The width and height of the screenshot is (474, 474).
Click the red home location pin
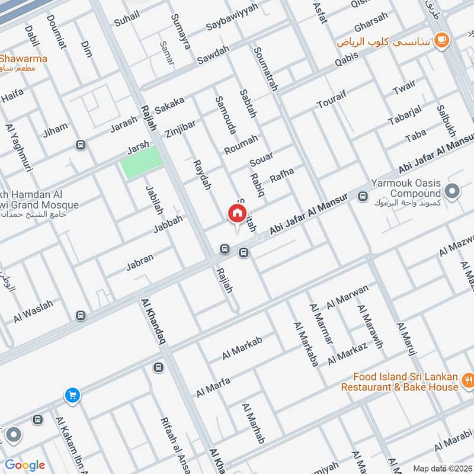point(236,214)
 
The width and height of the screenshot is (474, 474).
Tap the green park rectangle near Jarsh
point(141,162)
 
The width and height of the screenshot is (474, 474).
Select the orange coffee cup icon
point(441,40)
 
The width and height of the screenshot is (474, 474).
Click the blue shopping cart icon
point(72,395)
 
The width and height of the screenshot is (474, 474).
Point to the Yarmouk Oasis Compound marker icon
point(452,191)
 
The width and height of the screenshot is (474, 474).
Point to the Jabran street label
point(140,262)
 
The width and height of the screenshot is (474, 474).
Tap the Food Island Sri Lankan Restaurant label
point(405,382)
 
